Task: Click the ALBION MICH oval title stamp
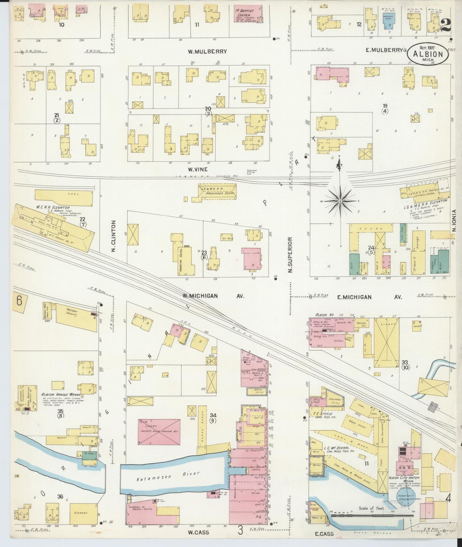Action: click(428, 54)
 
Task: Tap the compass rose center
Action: click(341, 201)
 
